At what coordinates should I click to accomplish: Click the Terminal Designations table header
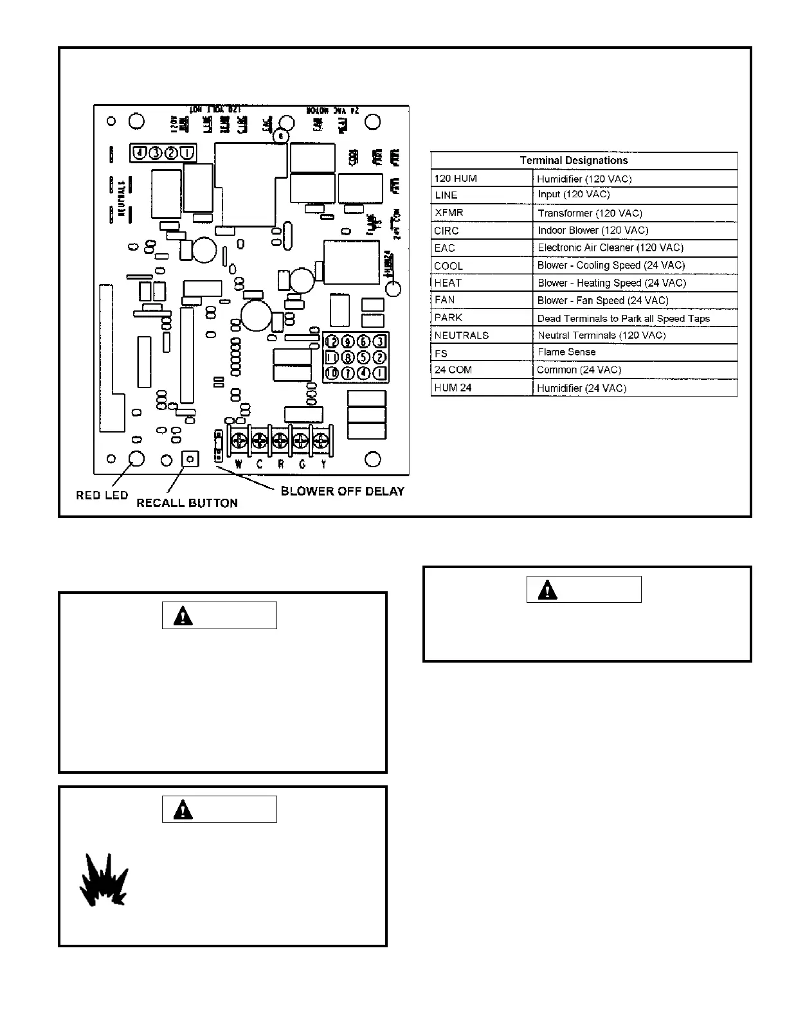coord(574,161)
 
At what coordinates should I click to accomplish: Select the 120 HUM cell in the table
coord(456,179)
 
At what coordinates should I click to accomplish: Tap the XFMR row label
coord(449,213)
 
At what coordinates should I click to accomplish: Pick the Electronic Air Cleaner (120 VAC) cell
coord(610,247)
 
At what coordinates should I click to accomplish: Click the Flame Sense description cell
coord(566,352)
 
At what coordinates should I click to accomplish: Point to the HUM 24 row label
coord(453,388)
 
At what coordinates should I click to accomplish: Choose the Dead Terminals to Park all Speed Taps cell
coord(623,318)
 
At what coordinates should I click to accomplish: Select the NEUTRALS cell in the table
coord(461,335)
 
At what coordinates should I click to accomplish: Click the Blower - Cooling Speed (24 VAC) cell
coord(611,265)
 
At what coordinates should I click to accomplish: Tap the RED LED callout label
coord(102,496)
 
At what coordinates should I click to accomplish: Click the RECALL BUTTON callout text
coord(187,503)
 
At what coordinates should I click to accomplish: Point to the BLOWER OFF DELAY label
coord(343,492)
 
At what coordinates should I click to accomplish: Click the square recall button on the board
coord(190,459)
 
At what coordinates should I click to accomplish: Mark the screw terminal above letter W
coord(239,441)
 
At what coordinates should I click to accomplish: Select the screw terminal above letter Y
coord(320,441)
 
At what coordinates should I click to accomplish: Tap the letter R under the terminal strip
coord(281,464)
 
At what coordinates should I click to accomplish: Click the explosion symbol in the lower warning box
coord(104,880)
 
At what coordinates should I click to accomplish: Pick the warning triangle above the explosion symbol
coord(183,809)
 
